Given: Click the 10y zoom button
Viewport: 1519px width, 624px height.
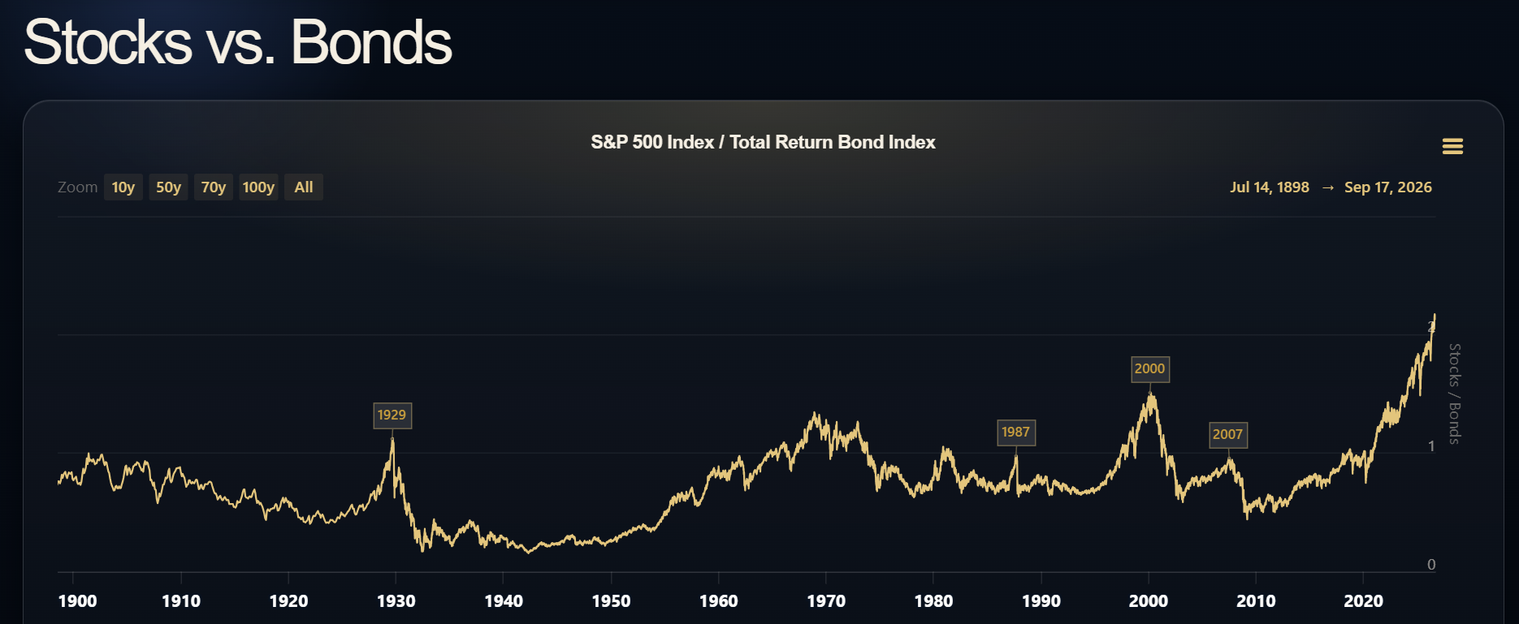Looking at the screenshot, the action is [123, 187].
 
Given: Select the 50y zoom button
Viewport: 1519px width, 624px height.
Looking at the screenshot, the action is [168, 187].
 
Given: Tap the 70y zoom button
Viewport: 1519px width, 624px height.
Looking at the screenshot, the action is [214, 187].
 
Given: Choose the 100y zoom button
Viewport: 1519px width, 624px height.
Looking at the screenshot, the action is [258, 187].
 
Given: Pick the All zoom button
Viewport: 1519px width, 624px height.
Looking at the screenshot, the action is [304, 187].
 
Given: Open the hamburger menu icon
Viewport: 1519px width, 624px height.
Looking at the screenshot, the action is [1452, 146].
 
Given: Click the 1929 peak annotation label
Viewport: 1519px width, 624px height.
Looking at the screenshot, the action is [392, 415].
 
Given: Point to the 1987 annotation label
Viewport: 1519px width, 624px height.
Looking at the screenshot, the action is [1015, 432].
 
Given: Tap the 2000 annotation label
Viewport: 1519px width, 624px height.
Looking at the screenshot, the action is [1149, 369].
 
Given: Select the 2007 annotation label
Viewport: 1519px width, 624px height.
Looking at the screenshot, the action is [1227, 435].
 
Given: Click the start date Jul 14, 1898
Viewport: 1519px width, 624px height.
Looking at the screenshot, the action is [1270, 187].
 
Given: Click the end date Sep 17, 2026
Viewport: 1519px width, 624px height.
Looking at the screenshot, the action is [1388, 187].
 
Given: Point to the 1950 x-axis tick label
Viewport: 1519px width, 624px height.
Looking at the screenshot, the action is [611, 601].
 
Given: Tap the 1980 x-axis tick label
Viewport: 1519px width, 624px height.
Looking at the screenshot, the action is [933, 601].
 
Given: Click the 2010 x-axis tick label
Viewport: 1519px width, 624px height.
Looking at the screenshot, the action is [1256, 601].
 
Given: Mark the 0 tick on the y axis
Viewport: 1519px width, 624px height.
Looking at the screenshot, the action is [1431, 565].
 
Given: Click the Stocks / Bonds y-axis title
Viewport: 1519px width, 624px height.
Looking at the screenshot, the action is [1455, 394].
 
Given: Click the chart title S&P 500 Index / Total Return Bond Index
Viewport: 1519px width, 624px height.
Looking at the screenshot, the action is [763, 143].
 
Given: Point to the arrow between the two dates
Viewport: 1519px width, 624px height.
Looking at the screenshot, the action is [1327, 187].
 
